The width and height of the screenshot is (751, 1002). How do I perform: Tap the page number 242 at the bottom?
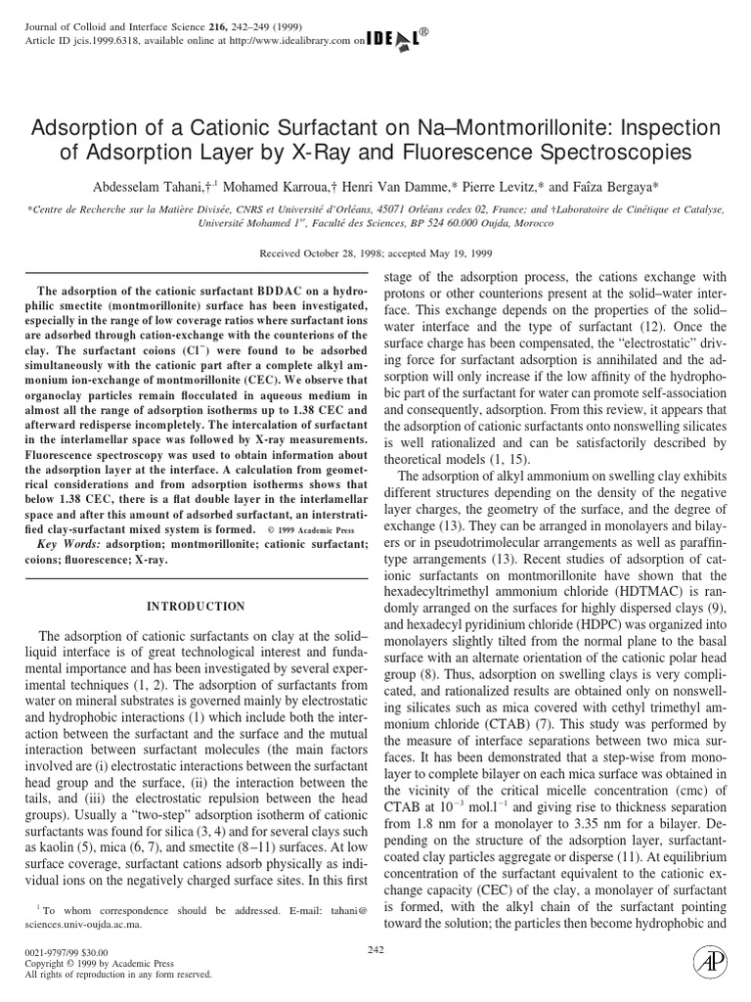(375, 949)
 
